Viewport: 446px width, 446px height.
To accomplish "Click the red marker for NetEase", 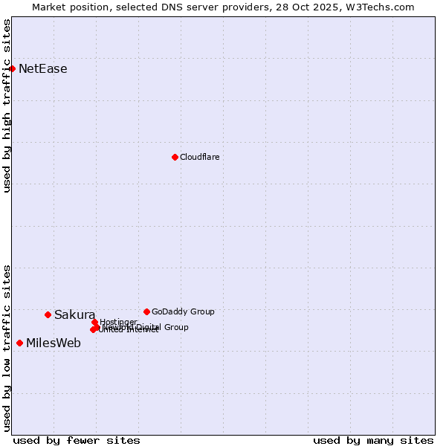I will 12,68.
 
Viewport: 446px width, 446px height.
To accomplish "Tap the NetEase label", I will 42,69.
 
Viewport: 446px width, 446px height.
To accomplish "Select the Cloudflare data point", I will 175,157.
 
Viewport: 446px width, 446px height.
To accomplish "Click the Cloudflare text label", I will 199,157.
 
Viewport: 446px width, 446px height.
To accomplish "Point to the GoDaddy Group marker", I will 146,311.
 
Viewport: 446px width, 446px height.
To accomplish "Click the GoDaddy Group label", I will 183,311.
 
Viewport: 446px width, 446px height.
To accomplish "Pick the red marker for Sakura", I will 48,314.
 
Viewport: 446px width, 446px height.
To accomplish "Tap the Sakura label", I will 74,315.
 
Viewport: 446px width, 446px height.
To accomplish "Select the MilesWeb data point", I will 19,343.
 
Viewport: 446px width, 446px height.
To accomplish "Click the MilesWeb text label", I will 54,343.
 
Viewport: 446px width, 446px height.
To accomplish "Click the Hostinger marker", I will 94,322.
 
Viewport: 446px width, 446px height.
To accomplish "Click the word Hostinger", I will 118,322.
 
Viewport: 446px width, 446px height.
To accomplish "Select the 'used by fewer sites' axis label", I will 77,440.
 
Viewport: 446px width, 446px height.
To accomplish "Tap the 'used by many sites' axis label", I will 373,440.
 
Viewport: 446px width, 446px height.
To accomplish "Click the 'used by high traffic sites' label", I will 7,106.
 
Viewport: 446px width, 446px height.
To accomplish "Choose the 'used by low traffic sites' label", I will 7,347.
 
